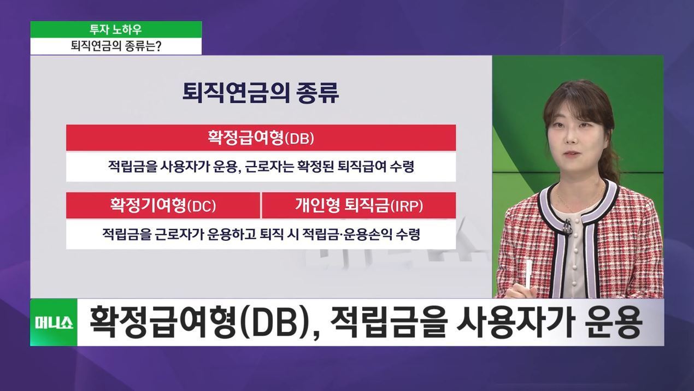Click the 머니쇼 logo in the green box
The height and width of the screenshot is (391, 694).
tap(54, 323)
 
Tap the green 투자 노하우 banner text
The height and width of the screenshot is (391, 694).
tap(115, 29)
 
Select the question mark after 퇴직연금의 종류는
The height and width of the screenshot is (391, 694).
tap(158, 46)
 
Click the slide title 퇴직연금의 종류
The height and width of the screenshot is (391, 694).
tap(261, 92)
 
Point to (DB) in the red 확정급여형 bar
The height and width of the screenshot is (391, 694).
tap(299, 138)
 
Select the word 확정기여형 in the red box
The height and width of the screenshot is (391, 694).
tap(148, 205)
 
